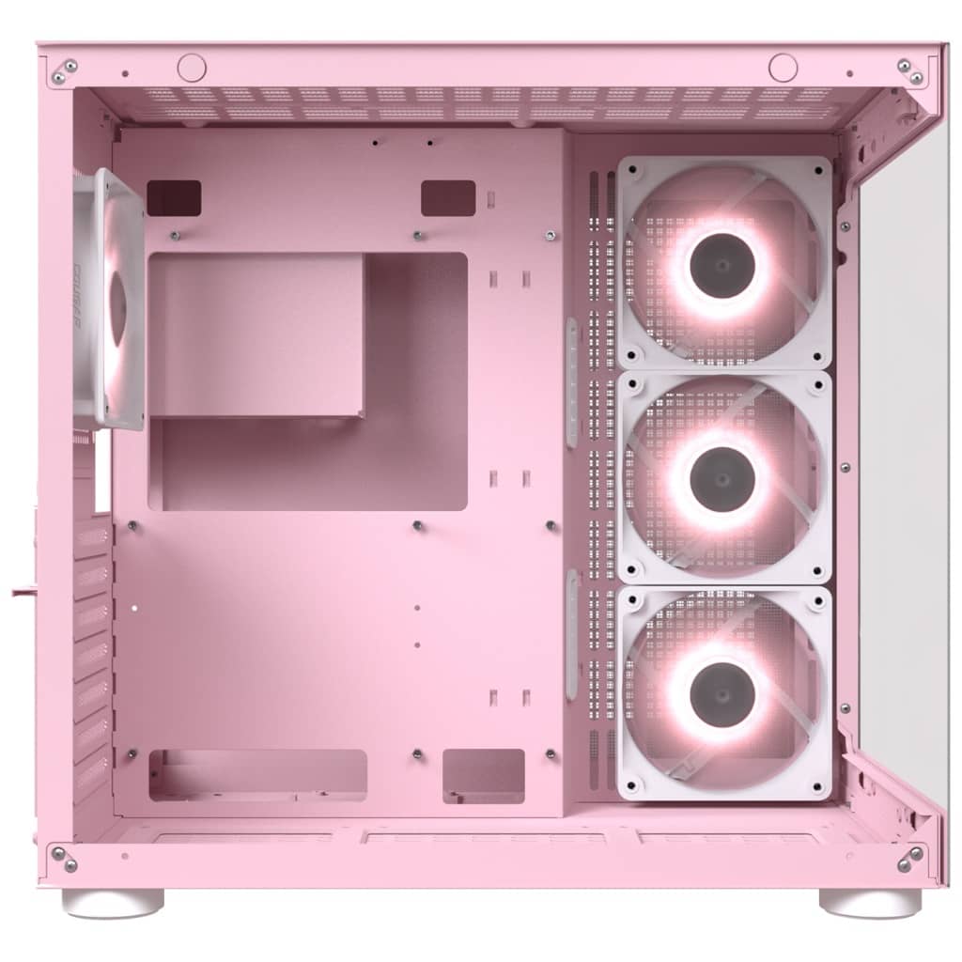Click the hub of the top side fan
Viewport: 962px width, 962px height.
click(x=722, y=264)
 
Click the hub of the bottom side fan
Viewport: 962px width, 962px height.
click(x=722, y=694)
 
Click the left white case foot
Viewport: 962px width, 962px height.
click(x=113, y=903)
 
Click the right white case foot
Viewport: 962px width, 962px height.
click(x=870, y=903)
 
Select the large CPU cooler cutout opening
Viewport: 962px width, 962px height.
click(x=307, y=380)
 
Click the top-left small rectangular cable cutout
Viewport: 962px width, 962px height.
click(x=174, y=198)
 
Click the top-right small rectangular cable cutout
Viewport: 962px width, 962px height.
click(x=448, y=198)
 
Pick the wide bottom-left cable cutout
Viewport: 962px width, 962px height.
click(x=257, y=775)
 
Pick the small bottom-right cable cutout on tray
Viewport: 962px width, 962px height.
click(x=483, y=776)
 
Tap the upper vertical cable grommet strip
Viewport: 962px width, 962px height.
click(x=571, y=382)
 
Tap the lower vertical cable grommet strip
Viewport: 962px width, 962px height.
click(x=571, y=634)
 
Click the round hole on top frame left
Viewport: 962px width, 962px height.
click(x=192, y=67)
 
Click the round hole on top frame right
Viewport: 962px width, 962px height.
click(x=783, y=67)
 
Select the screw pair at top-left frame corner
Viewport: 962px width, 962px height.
click(x=64, y=71)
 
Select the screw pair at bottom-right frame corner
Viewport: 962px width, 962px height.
click(x=909, y=858)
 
